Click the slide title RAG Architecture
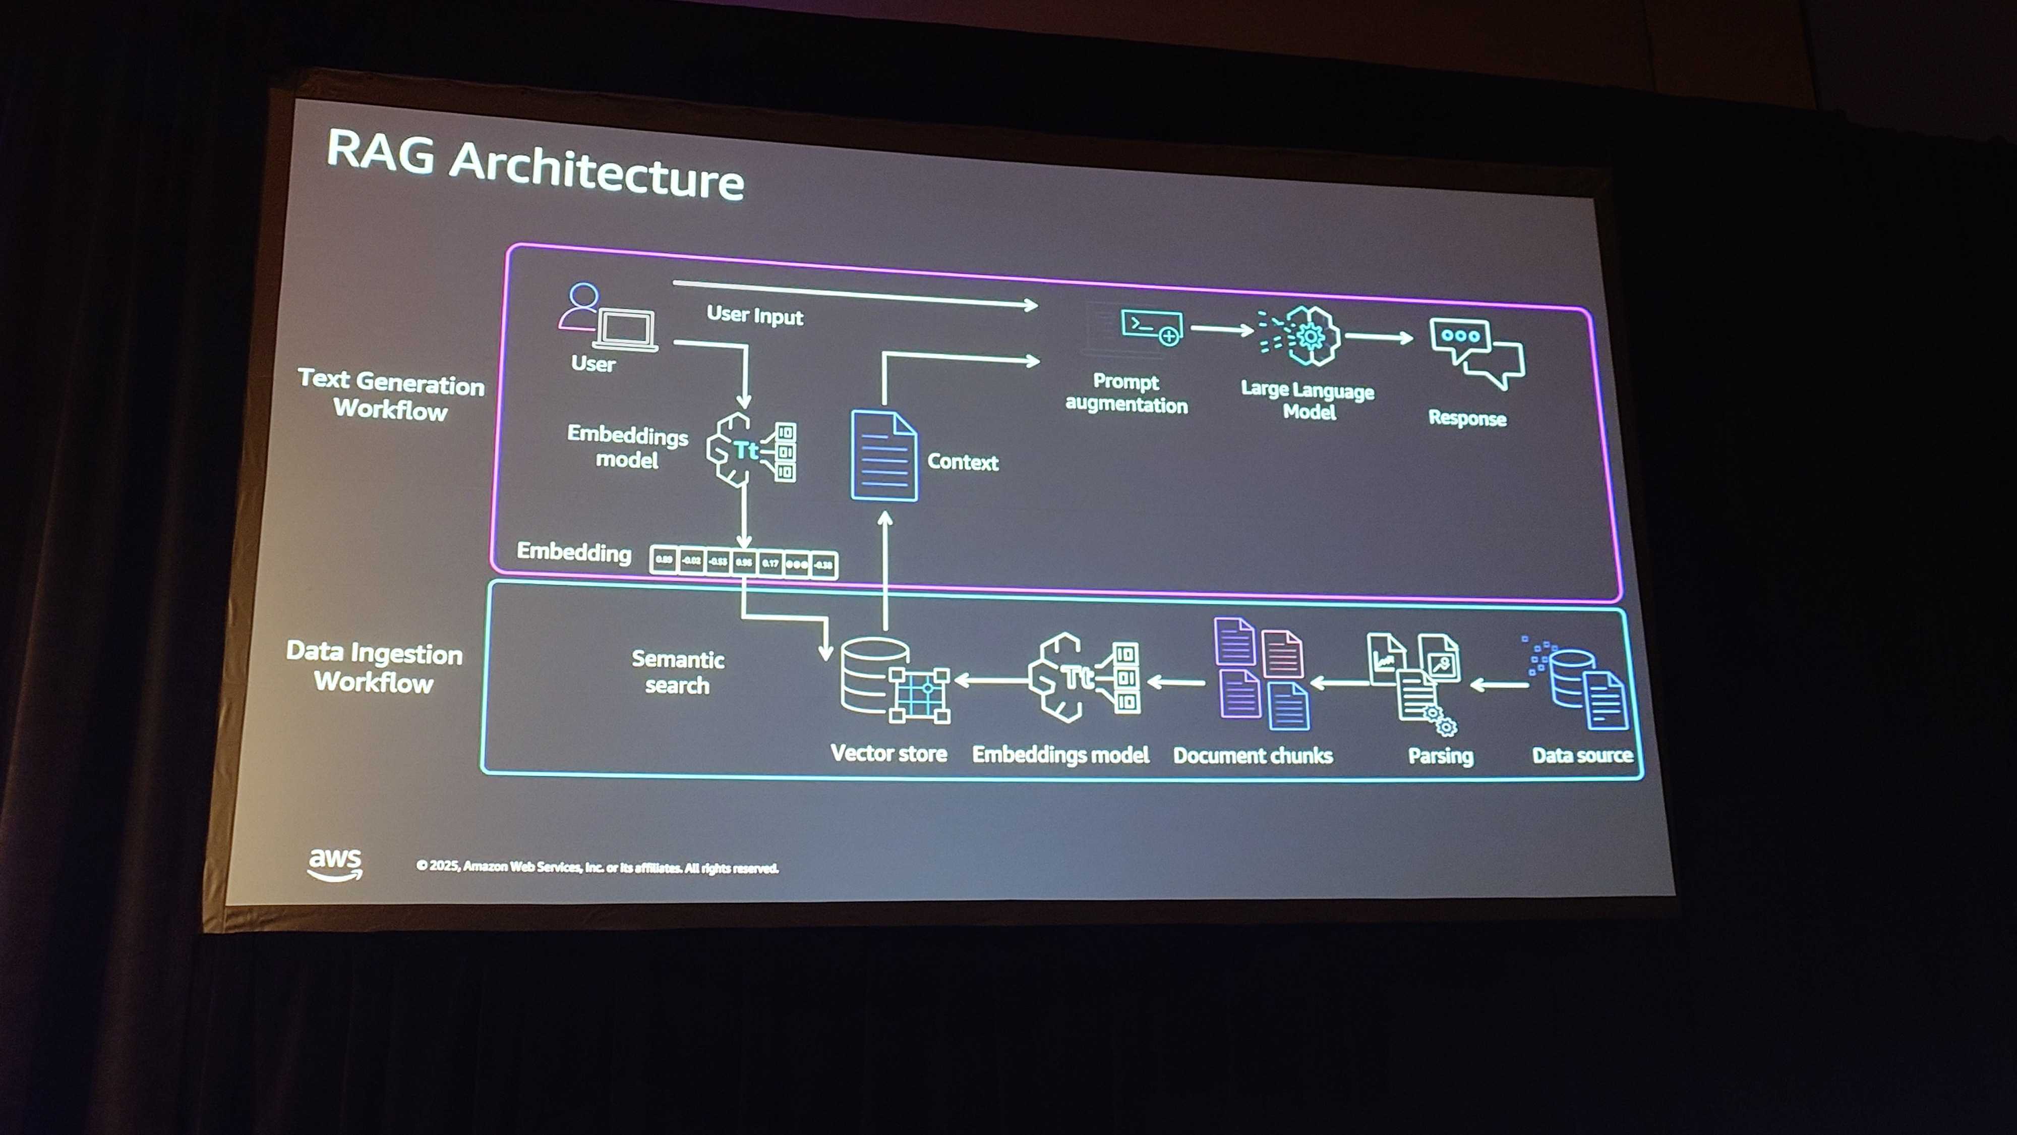tap(535, 166)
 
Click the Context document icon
tap(883, 456)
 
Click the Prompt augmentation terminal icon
tap(1151, 327)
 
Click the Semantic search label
tap(677, 672)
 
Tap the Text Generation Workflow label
tap(391, 395)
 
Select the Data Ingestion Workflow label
tap(374, 666)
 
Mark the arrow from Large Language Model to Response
tap(1379, 337)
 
